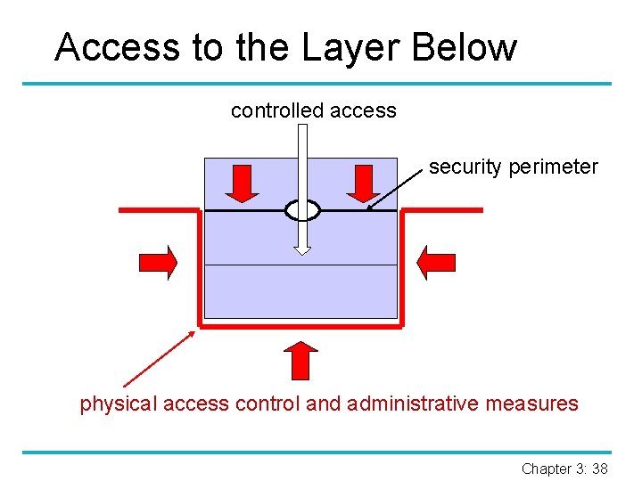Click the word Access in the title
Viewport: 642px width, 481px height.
[116, 47]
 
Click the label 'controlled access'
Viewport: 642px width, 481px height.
[313, 110]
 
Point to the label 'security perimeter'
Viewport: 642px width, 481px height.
[513, 167]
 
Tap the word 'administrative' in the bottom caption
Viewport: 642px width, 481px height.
[413, 404]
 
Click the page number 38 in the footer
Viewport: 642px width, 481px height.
[599, 469]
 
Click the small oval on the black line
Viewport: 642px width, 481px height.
[302, 210]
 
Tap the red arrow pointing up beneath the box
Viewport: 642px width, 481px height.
[302, 359]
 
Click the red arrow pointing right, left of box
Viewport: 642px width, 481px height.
[159, 262]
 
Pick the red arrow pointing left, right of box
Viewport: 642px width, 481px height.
[437, 262]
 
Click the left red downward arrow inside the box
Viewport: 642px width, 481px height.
[242, 183]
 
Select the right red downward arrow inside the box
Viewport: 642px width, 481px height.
[363, 183]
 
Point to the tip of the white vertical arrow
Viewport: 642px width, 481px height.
[303, 251]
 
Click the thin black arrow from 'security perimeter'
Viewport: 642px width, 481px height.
[395, 190]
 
